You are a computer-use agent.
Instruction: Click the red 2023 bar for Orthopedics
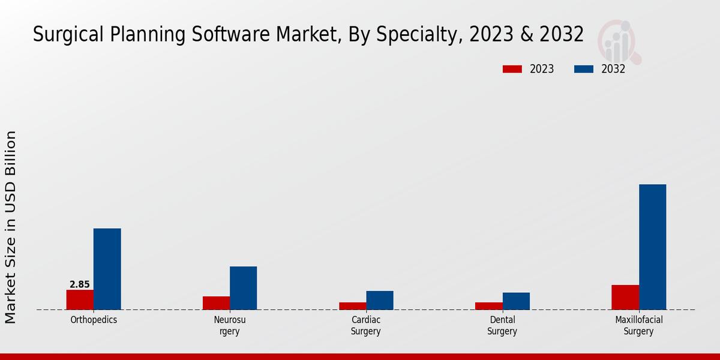(80, 299)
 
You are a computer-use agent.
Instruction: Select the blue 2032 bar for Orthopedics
(107, 269)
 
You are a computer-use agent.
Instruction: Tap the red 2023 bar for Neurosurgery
(216, 303)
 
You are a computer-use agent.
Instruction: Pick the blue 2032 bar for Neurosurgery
(243, 288)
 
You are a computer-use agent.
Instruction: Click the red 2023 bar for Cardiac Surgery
(352, 306)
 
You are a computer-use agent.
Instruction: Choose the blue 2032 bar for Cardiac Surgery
(380, 300)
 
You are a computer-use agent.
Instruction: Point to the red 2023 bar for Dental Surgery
(488, 306)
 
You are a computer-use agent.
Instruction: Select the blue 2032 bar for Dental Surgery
(516, 301)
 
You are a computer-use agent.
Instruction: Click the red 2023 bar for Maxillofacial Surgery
(625, 297)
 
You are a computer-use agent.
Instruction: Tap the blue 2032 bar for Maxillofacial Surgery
(652, 247)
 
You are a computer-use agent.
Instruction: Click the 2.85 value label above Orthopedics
(80, 284)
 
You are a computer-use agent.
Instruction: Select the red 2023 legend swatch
(512, 69)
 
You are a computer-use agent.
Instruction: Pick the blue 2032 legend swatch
(584, 69)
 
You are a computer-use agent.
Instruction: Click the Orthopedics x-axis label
(94, 320)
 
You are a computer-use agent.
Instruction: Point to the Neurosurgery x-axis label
(230, 325)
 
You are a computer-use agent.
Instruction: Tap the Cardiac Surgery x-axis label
(366, 325)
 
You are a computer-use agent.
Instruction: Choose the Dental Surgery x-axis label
(502, 325)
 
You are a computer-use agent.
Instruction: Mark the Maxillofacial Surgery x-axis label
(638, 325)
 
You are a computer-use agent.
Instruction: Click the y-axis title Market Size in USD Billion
(11, 227)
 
